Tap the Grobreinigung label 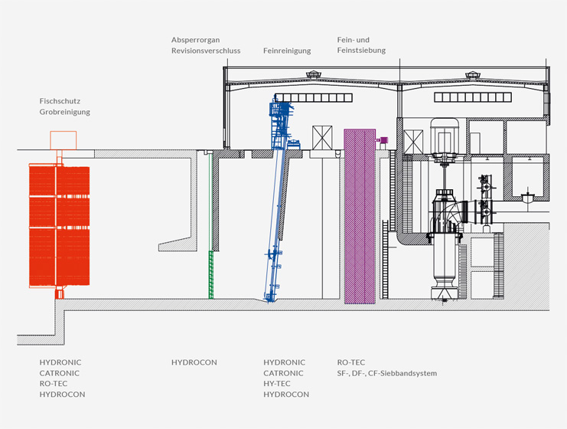pos(65,112)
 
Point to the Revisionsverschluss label pos(206,51)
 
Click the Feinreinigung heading pos(287,51)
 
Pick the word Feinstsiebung pos(361,51)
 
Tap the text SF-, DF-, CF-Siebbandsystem pos(387,373)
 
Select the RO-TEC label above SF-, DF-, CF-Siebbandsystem pos(352,362)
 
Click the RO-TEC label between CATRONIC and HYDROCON pos(54,384)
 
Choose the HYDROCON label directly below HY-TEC pos(286,395)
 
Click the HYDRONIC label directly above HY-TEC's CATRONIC pos(284,362)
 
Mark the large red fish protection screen pos(60,225)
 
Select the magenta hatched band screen pos(359,216)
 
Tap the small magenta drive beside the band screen pos(383,139)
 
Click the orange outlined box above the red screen pos(63,140)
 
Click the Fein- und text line pos(354,39)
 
